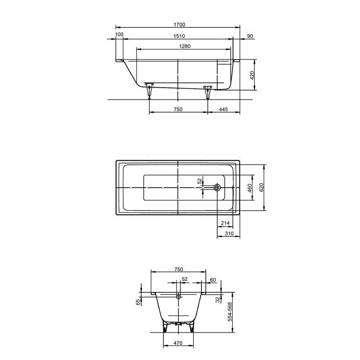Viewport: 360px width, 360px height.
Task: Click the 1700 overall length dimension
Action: click(x=180, y=25)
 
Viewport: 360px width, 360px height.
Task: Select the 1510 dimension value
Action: click(x=179, y=36)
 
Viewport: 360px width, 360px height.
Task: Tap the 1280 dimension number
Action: click(x=185, y=46)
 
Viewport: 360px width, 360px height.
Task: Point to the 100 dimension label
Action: click(x=119, y=35)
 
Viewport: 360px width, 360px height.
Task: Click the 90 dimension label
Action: click(x=250, y=36)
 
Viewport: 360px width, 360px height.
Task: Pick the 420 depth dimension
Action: click(x=252, y=76)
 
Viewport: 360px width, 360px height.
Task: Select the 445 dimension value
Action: click(x=223, y=109)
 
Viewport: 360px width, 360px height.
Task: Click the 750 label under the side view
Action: click(x=178, y=109)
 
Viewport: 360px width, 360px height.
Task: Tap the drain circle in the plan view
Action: click(x=217, y=188)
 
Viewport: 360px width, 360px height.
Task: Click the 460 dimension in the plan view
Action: click(x=250, y=188)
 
